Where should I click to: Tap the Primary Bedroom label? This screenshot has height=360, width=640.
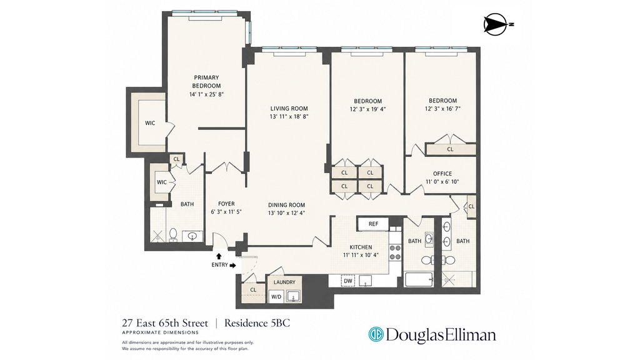coord(206,82)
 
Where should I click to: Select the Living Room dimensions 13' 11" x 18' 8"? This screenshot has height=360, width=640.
coord(289,116)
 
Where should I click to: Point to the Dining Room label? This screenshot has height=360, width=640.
coord(286,205)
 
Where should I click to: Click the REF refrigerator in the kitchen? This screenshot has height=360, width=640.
coord(373,224)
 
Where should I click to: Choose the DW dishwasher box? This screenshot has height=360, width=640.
coord(347,281)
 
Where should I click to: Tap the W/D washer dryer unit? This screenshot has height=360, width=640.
coord(276,297)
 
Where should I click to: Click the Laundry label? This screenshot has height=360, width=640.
coord(284,282)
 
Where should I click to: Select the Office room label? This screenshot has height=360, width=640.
coord(442,174)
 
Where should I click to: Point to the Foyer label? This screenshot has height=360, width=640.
coord(226,204)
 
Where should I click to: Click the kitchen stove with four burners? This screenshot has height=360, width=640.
coord(395,252)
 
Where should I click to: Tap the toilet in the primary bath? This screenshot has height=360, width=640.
coord(173,234)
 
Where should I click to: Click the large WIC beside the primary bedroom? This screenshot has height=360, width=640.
coord(150,123)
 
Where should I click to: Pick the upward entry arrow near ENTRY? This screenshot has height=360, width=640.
coord(218,256)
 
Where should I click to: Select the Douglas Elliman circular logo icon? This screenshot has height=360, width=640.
coord(376,334)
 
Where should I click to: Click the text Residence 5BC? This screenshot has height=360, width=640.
coord(257,323)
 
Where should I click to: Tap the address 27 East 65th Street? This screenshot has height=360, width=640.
coord(165,323)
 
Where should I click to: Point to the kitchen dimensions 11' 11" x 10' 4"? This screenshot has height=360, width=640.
coord(361,255)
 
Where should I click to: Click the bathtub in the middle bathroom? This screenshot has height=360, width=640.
coord(419,279)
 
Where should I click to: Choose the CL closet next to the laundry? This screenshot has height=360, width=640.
coord(253,290)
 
